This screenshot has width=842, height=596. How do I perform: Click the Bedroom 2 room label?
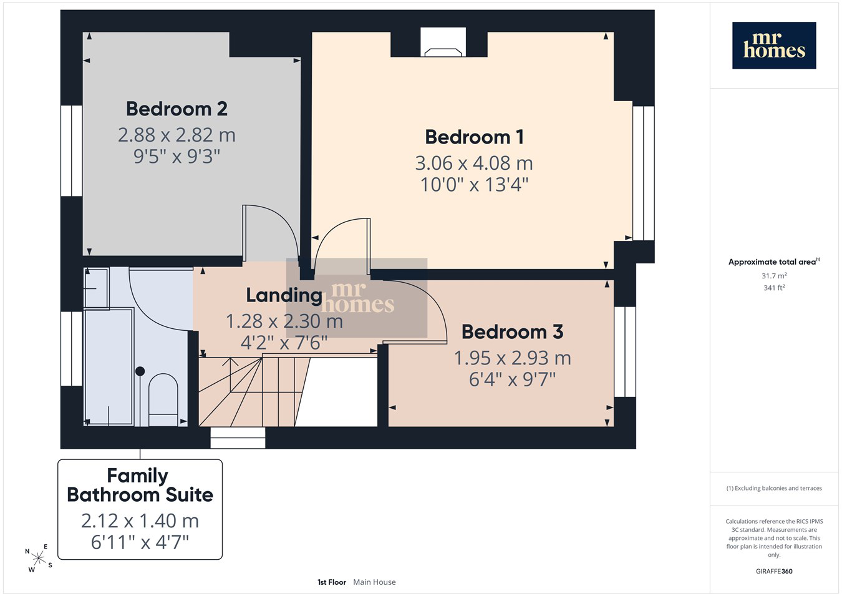pos(177,109)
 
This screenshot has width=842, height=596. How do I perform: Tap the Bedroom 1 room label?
pos(475,137)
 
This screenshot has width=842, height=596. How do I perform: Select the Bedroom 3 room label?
pos(512,331)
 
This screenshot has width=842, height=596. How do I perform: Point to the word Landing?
pos(284,296)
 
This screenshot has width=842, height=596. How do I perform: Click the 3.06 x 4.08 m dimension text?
pos(474,163)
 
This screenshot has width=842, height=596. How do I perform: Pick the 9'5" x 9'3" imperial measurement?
pos(177,156)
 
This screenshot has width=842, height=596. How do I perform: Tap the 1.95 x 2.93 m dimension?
pos(512,358)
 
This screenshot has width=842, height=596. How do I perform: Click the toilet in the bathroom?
pos(163,399)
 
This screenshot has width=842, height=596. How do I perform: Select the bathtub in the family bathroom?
pos(109,367)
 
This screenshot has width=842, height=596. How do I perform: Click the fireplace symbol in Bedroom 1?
pos(443,52)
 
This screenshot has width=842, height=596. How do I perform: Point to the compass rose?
pos(38,559)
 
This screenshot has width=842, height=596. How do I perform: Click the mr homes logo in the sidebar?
pos(774,46)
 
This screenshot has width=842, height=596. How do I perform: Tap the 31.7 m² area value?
pos(774,276)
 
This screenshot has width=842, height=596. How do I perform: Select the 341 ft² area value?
pos(774,288)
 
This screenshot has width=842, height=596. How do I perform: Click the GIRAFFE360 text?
pos(774,571)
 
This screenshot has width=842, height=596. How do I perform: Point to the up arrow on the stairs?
pos(230,375)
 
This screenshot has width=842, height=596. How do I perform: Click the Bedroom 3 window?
pos(625,352)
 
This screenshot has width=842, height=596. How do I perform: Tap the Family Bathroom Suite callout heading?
pos(140,485)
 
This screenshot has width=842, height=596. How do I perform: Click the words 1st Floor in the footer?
pos(332,582)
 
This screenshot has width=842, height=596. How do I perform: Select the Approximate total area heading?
pos(774,261)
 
